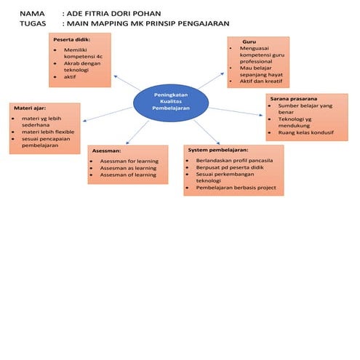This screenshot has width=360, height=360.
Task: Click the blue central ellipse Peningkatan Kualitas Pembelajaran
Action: coord(168,102)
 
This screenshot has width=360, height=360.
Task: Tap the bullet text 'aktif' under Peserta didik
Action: coord(70,76)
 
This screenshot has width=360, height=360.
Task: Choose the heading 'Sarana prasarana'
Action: coord(293,98)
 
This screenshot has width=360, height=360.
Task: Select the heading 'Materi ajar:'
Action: coord(31,108)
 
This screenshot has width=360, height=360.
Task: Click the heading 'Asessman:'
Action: coord(106,150)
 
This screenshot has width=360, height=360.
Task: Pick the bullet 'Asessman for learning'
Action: coord(128,160)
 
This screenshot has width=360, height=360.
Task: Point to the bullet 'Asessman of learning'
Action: coord(128,175)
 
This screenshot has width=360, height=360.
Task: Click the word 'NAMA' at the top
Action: coord(32,13)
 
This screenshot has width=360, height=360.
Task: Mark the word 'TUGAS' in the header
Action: coord(34,23)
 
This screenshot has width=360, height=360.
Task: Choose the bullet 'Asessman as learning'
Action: coord(128,167)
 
